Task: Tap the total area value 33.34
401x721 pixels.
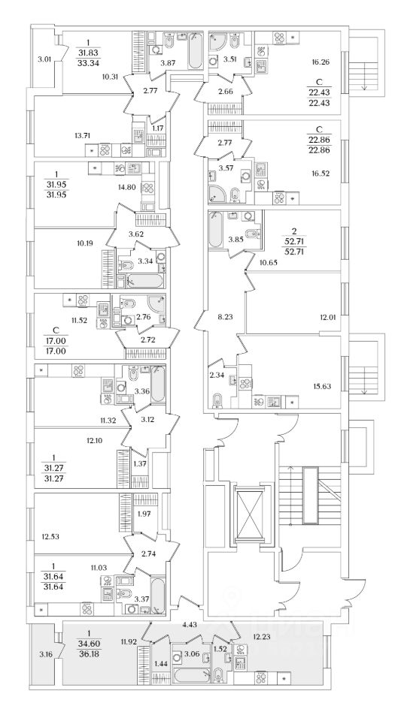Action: point(89,63)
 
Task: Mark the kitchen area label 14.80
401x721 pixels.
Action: point(123,187)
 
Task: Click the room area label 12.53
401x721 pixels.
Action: point(49,536)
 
